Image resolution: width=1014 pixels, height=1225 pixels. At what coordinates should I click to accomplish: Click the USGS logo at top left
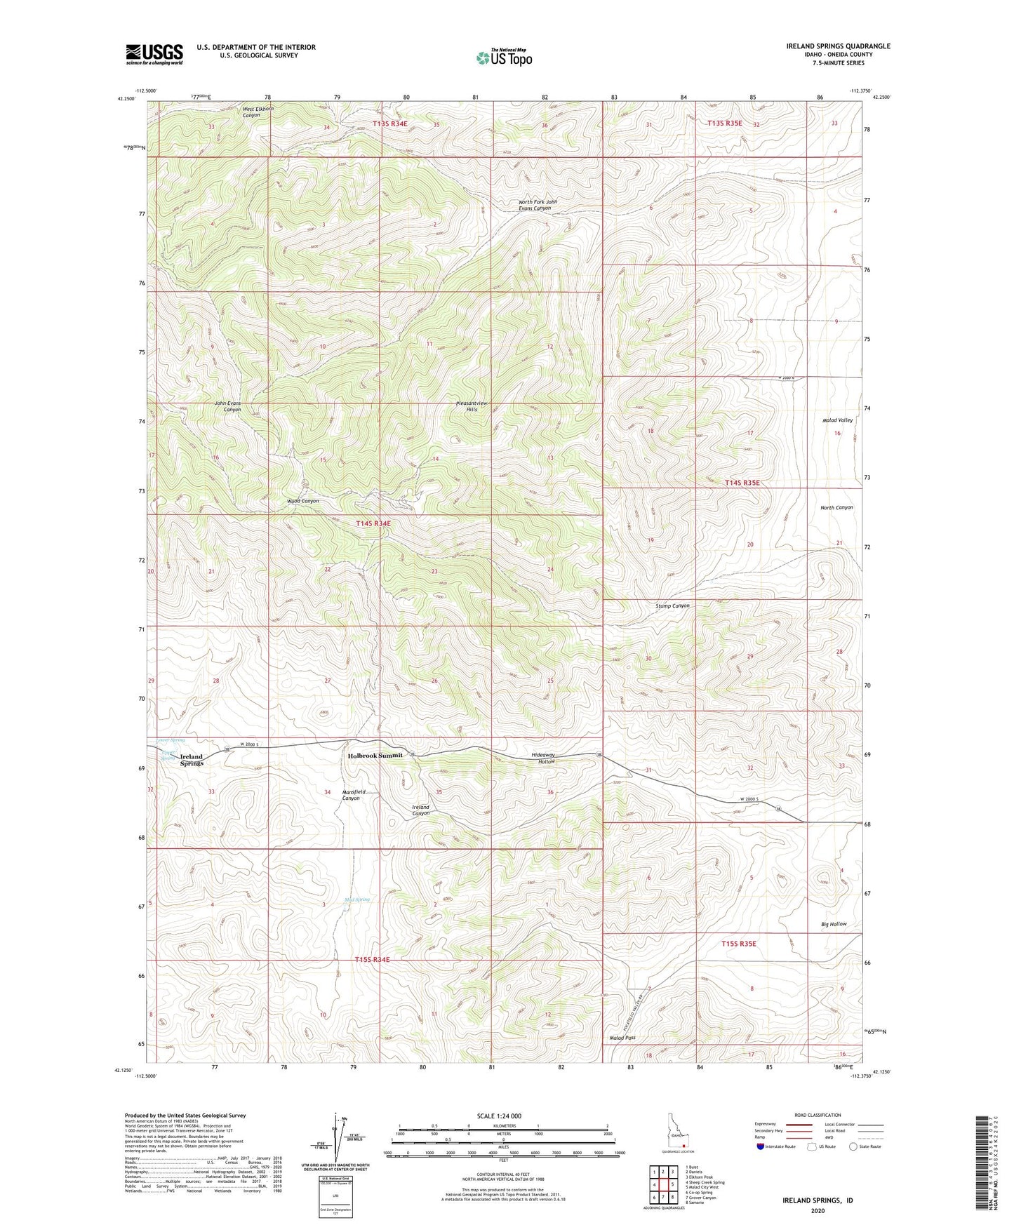coord(154,54)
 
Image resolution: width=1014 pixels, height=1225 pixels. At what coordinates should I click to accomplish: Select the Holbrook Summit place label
coord(375,755)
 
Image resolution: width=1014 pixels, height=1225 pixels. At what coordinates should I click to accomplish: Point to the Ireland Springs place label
coord(191,760)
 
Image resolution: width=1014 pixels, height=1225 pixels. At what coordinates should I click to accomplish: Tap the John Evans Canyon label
coord(228,406)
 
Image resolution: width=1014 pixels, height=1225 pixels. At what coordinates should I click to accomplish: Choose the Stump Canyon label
coord(672,605)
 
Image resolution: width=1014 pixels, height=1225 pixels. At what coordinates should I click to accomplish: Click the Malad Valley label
coord(837,420)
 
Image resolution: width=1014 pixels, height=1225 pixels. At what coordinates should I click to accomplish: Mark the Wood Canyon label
coord(303,501)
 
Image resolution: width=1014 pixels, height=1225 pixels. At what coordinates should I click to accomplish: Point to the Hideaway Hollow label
coord(542,758)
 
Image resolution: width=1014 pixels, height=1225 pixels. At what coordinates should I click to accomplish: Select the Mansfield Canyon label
coord(351,795)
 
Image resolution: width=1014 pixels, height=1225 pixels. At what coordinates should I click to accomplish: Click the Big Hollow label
coord(834,924)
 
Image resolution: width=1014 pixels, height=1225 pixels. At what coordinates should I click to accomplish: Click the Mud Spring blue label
coord(357,899)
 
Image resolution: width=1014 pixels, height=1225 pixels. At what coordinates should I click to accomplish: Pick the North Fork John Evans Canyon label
coord(535,205)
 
